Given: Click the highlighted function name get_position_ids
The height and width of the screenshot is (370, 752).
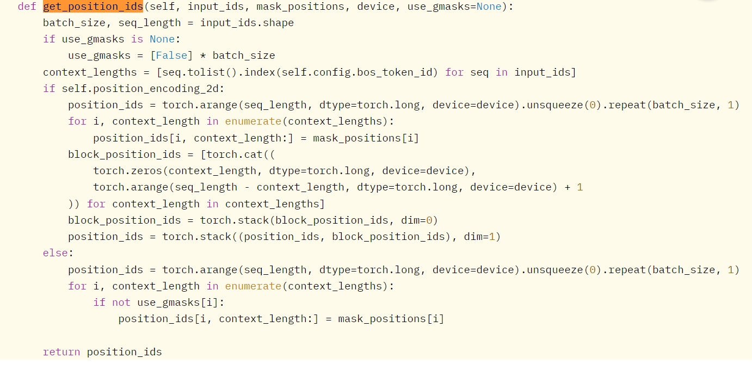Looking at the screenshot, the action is pos(93,7).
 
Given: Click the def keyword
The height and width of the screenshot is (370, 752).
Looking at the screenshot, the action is pos(27,7).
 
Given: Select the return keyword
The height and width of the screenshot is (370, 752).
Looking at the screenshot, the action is pos(61,352).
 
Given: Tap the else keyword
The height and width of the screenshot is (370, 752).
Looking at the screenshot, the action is pos(56,253).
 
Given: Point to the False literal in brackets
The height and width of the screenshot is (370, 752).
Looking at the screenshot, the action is pos(171,55).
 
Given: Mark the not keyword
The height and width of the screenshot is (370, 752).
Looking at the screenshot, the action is pos(121,303).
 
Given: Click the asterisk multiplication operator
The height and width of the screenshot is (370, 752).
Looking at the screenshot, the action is pos(203,55).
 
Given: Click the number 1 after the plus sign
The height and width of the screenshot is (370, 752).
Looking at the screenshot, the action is pos(580,187).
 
